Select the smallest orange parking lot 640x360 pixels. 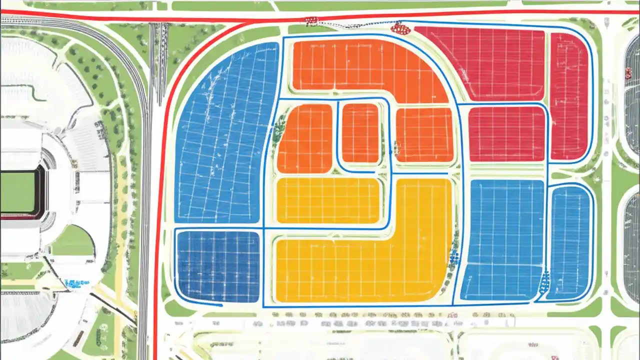tap(360, 133)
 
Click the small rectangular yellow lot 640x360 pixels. tap(327, 200)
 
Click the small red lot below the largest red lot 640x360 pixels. tap(506, 134)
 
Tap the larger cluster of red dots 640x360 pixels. tap(400, 28)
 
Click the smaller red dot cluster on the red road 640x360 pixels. tap(311, 21)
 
